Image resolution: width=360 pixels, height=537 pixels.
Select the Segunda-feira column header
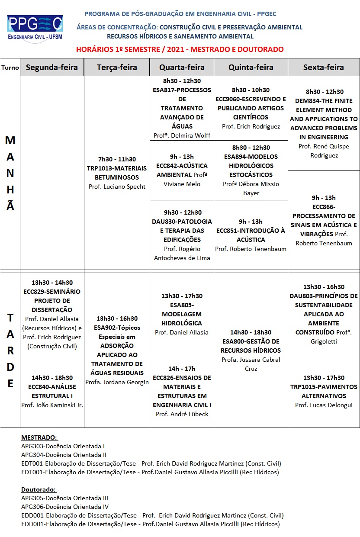coord(52,67)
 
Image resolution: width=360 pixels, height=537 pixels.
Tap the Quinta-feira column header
coord(251,67)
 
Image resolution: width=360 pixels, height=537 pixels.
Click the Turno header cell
coord(10,68)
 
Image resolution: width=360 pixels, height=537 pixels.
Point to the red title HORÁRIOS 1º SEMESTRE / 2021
coord(180,49)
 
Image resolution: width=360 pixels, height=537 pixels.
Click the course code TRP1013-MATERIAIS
coord(117,168)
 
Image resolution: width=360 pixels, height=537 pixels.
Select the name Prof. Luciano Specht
coord(117,187)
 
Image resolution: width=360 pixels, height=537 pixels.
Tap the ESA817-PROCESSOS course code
coord(182,90)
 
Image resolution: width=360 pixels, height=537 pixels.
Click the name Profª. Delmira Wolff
coord(182,135)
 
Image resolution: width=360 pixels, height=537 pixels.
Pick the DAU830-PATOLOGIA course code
coord(182,222)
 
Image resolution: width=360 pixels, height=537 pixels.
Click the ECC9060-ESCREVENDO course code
coord(251,99)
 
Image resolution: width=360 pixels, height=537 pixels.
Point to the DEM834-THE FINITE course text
coord(324,101)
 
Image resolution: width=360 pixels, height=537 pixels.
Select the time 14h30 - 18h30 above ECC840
coord(52,378)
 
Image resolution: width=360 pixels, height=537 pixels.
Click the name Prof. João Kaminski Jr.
coord(52,405)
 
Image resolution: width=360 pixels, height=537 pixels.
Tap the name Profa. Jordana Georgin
coord(117,382)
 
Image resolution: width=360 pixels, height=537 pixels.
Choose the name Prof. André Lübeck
coord(182,414)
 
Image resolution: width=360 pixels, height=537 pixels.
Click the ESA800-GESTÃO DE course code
coord(251,341)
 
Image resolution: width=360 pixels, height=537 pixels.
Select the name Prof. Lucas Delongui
coord(324,405)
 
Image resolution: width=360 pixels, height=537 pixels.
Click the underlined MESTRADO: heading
coord(39,437)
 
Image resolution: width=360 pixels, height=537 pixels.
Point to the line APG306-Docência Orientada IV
coord(65,507)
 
